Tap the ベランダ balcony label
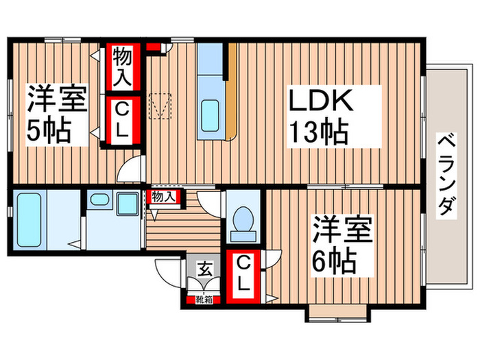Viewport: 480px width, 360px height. [x=446, y=176]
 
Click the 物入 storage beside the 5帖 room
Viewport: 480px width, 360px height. [x=123, y=67]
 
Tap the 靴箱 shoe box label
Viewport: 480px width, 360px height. [x=204, y=299]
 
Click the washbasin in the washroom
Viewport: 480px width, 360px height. [x=100, y=202]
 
